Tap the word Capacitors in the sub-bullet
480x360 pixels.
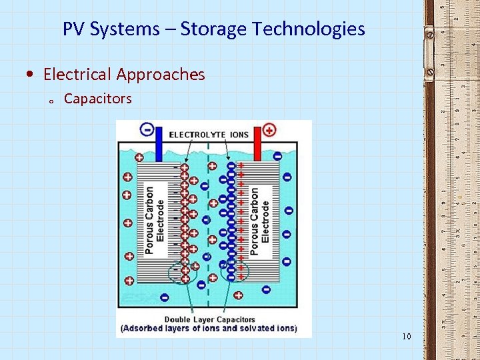tap(97, 99)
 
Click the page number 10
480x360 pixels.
tap(407, 336)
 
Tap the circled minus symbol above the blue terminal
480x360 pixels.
tap(146, 129)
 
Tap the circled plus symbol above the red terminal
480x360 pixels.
tap(269, 129)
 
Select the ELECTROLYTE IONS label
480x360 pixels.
tap(209, 135)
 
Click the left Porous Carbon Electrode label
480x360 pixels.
tap(155, 213)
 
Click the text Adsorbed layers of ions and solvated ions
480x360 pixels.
tap(209, 329)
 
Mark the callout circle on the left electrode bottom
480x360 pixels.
tap(183, 272)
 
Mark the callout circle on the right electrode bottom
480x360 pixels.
tap(234, 272)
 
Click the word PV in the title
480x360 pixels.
tap(74, 29)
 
